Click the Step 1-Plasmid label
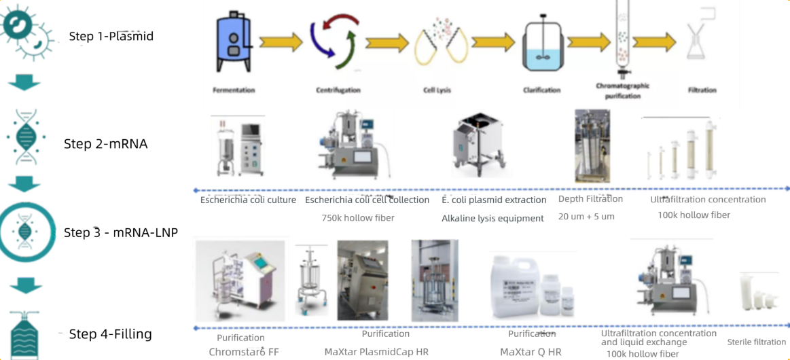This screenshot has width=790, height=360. [111, 36]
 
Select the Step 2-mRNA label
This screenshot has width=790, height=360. [105, 144]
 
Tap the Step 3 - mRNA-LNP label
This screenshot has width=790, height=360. [120, 233]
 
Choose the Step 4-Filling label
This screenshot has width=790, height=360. [110, 334]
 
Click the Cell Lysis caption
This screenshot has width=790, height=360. [436, 90]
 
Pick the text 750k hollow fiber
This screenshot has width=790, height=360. [358, 218]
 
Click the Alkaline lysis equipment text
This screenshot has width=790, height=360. [492, 219]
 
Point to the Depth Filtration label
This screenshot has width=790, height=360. [590, 199]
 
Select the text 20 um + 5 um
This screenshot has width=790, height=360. [587, 216]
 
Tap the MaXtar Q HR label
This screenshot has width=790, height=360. [531, 352]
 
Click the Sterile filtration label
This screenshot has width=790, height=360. [756, 342]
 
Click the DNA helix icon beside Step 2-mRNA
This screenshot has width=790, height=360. [25, 137]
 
